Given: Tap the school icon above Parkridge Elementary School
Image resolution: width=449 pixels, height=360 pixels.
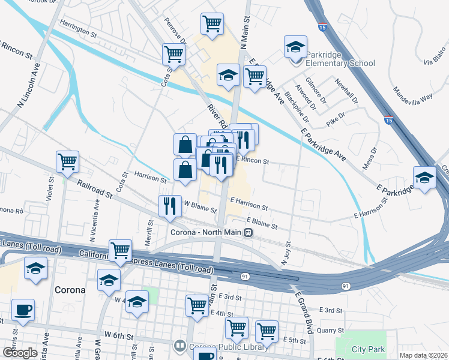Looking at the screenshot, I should [295, 46].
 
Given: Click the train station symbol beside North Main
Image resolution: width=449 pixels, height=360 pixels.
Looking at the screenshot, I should [247, 233].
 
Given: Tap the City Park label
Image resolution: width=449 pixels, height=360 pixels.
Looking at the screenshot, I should [368, 349].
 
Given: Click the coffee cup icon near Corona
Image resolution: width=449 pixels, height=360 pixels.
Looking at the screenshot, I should [23, 310].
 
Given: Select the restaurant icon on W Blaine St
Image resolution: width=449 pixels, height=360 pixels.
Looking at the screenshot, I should [169, 205].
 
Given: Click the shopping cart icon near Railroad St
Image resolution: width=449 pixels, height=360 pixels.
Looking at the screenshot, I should [67, 161].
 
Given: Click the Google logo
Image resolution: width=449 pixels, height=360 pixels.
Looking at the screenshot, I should [20, 353].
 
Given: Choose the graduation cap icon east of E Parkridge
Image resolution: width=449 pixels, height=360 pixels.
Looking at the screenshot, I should [424, 178].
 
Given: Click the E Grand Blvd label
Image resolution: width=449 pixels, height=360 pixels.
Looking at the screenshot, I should [305, 312].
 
